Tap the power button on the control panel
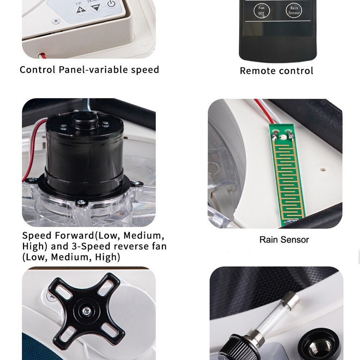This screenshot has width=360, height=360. pos(111,4)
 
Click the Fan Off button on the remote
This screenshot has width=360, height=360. pos(261,10)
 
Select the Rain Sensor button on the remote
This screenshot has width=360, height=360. pos(294,10)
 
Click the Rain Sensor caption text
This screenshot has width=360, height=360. pos(284,240)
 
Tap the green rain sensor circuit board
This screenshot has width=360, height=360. pos(287,173)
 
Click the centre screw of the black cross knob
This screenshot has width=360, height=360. pos(87,311)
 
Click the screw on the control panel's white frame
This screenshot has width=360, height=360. pos(56,21)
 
